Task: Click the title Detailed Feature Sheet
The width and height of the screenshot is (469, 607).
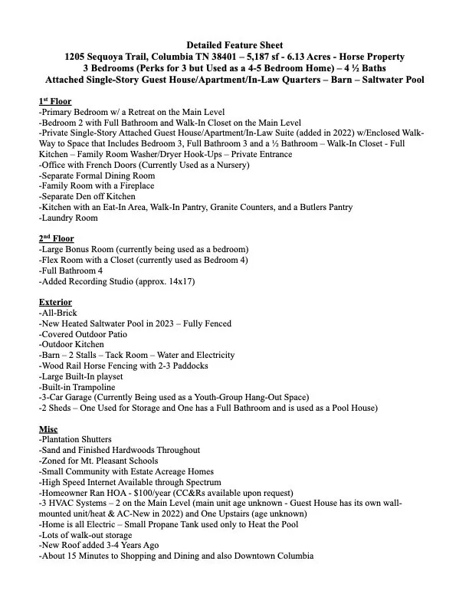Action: (234, 46)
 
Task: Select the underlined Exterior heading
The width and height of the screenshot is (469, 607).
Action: (55, 302)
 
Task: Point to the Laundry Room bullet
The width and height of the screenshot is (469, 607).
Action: (69, 218)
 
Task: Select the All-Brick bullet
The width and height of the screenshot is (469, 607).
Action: (57, 313)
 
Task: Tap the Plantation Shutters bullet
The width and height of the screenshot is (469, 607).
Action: (80, 439)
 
